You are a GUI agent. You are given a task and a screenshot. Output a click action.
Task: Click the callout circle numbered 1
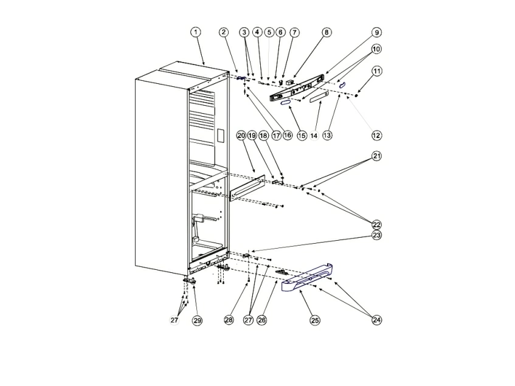click(196, 32)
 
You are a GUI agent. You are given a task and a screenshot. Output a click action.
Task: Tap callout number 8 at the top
click(327, 32)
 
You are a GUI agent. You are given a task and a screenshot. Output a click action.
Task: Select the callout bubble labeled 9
click(376, 32)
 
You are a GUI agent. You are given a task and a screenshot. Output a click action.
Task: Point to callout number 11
click(377, 71)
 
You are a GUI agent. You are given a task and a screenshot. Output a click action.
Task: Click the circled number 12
click(376, 135)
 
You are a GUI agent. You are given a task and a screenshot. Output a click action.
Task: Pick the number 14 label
click(314, 135)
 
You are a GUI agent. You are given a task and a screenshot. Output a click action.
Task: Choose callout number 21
click(377, 156)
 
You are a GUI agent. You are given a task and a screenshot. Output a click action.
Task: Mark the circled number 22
click(377, 224)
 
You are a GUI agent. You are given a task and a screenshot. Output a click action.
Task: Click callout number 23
click(377, 235)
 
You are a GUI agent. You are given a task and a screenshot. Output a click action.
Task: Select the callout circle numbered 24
click(377, 320)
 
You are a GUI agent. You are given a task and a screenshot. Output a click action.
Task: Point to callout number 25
click(315, 320)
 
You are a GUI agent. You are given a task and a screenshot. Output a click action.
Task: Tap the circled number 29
click(197, 320)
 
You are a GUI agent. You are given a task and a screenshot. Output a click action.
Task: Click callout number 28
click(229, 320)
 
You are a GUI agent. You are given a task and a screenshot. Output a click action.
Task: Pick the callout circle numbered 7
click(294, 32)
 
